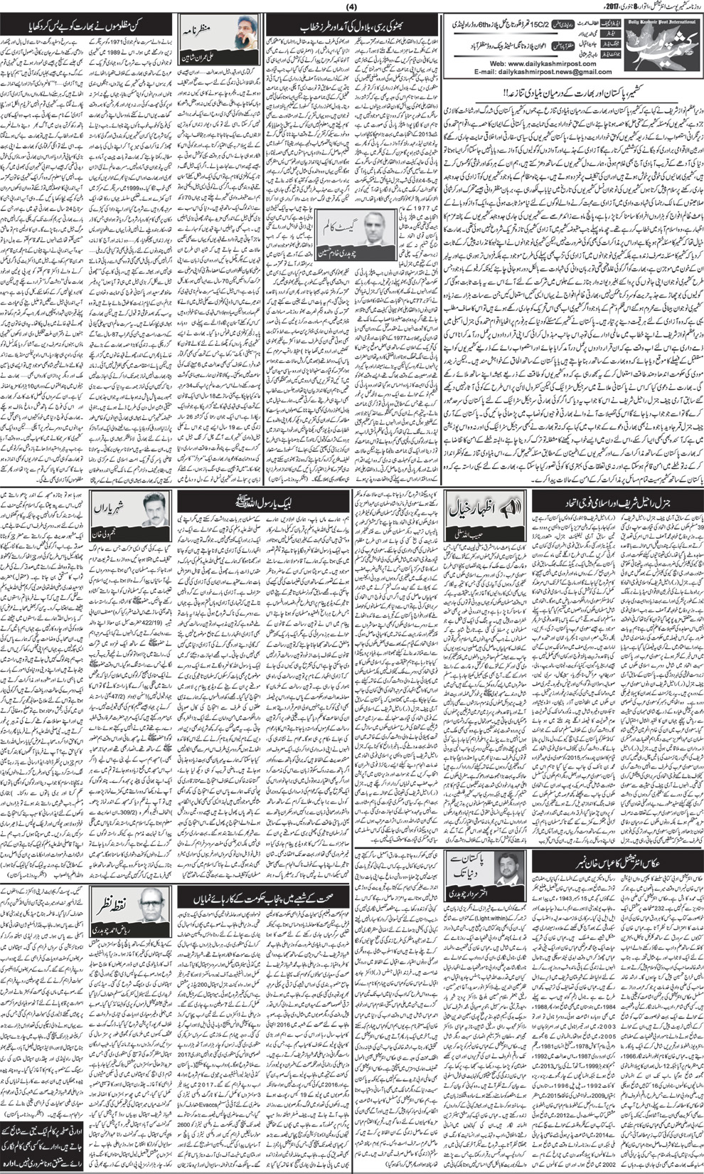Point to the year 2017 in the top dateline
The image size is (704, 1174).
click(678, 8)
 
